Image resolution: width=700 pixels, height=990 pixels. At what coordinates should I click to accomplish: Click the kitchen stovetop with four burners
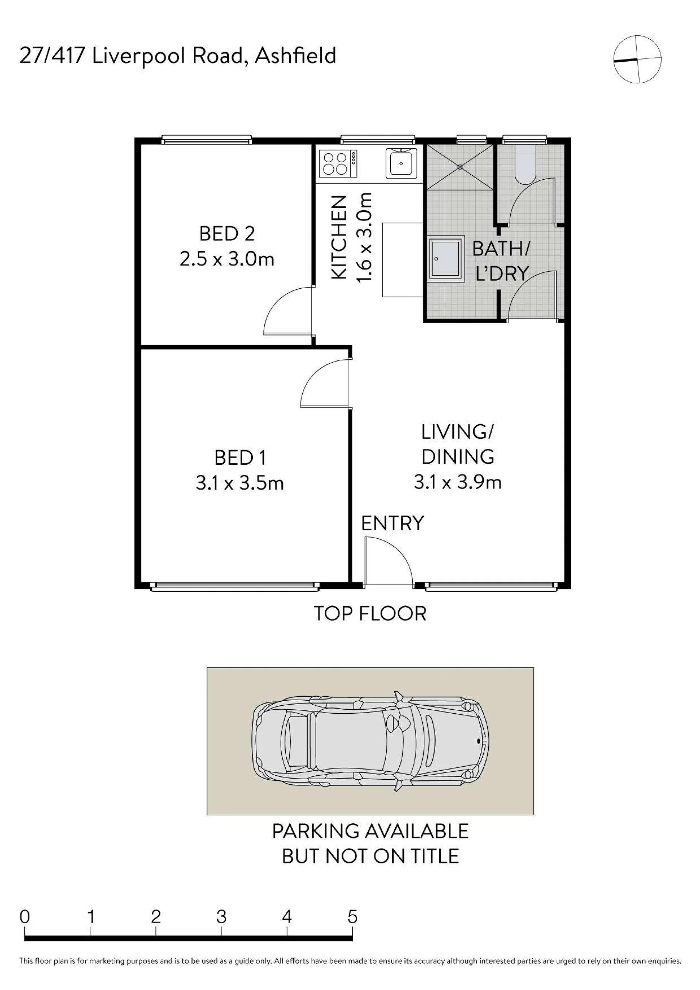point(338,163)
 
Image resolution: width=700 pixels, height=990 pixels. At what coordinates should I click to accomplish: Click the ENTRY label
point(392,523)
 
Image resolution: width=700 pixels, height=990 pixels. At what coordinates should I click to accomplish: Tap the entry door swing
point(388,561)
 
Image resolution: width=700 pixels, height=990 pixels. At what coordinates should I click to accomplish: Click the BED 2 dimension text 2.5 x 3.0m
point(227,260)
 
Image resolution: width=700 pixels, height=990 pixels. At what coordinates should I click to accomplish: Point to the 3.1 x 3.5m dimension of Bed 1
point(240,483)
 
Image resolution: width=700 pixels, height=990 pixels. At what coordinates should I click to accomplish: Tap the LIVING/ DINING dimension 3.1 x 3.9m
point(458,482)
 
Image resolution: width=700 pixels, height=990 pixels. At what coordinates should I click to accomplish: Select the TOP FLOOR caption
point(370,613)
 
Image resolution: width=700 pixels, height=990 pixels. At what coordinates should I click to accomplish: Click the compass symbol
point(637,59)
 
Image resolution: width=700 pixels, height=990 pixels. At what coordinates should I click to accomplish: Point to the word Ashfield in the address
point(295,56)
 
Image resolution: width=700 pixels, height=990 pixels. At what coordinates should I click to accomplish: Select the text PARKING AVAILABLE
point(370,831)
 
